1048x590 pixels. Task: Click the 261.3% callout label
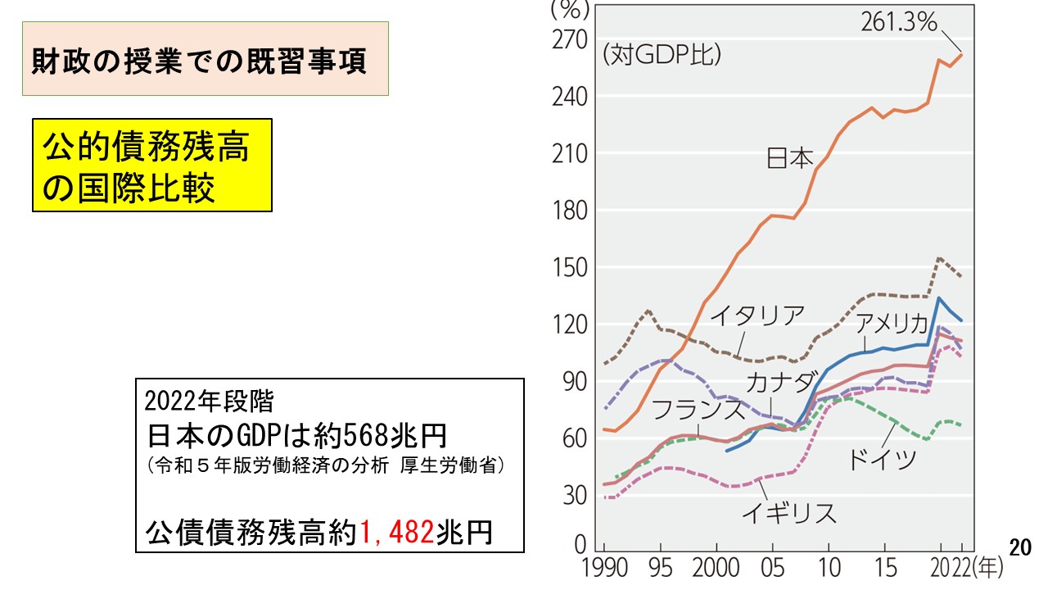click(898, 22)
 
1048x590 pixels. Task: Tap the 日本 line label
click(789, 158)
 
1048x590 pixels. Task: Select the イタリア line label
click(757, 315)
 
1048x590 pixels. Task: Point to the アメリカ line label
click(892, 323)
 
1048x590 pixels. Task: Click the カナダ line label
click(781, 382)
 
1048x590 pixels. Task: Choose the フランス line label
click(698, 409)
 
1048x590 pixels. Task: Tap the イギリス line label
click(788, 514)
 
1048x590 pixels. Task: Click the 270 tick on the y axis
click(570, 39)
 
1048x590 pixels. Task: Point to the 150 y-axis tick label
click(570, 267)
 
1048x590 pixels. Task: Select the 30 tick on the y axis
click(576, 495)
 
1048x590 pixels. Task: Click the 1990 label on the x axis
click(603, 568)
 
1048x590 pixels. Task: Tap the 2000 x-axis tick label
click(716, 568)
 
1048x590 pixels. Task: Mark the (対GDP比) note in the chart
click(662, 56)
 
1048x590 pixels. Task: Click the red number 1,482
click(397, 533)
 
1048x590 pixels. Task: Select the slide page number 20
click(1019, 548)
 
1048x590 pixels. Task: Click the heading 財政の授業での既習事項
click(205, 60)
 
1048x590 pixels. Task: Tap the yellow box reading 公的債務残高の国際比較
click(151, 166)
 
